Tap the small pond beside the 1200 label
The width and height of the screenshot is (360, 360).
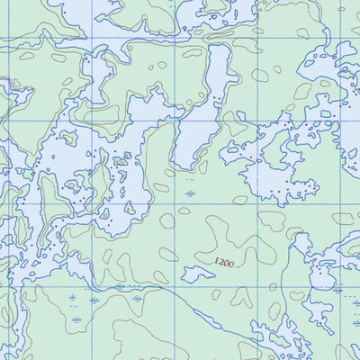click(198, 274)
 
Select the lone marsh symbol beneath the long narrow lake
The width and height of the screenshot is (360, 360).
click(189, 193)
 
